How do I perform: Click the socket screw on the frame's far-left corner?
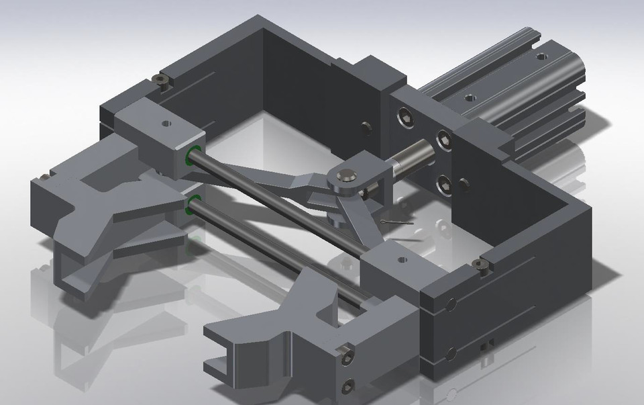(x=161, y=81)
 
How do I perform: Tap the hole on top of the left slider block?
(x=165, y=123)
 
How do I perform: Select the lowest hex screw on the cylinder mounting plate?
(x=443, y=182)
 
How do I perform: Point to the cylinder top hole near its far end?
(x=540, y=67)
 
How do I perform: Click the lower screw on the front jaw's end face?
(x=347, y=384)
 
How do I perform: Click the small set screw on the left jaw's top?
(x=44, y=177)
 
